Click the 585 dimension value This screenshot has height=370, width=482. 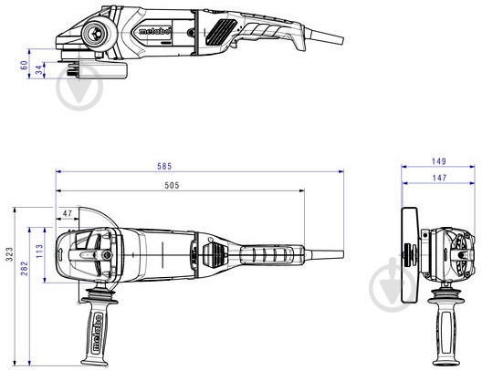click(x=164, y=166)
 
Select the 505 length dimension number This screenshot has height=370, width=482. click(x=172, y=185)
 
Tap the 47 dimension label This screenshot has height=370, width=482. click(x=67, y=213)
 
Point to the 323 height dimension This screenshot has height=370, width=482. click(x=10, y=254)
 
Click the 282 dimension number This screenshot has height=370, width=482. click(x=25, y=268)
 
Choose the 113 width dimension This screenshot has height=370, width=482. click(x=39, y=251)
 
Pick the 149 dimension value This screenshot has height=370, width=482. click(x=439, y=161)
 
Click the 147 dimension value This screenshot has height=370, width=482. click(x=439, y=178)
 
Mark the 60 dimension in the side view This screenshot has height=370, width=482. click(x=24, y=65)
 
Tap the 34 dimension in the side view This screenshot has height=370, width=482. click(x=38, y=70)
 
